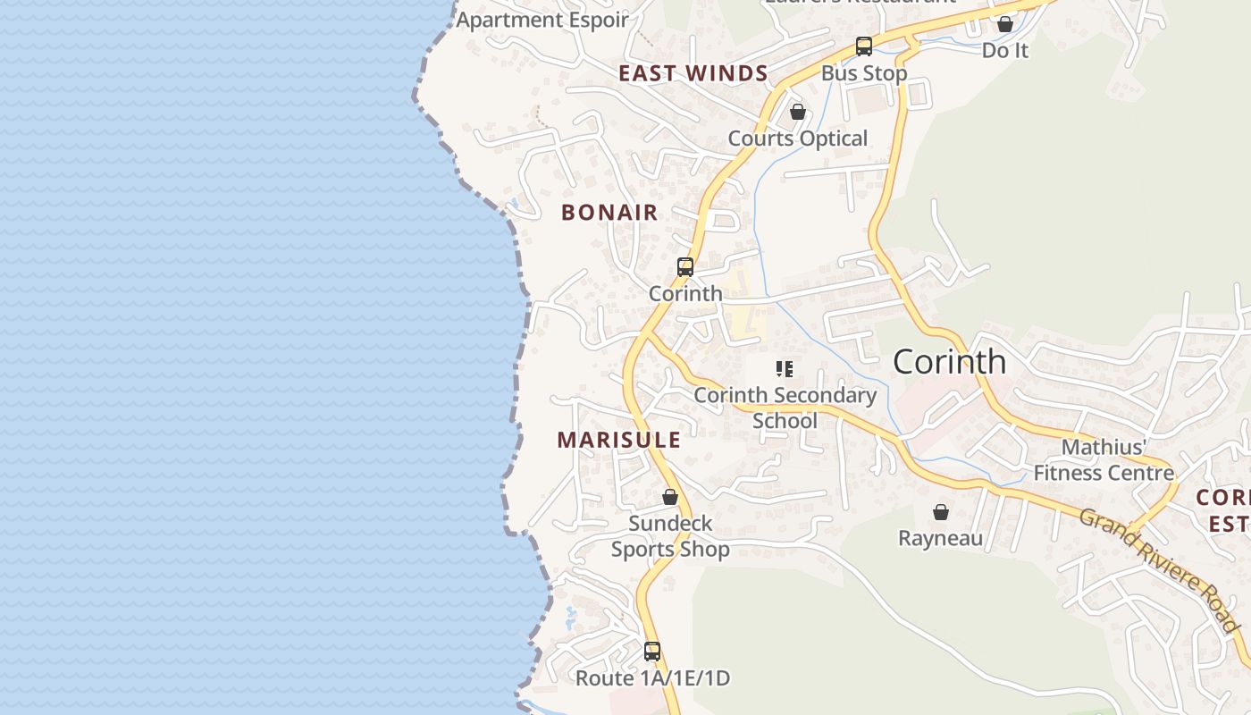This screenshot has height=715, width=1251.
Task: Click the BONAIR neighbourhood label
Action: click(609, 213)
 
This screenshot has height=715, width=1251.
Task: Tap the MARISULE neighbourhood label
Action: click(618, 440)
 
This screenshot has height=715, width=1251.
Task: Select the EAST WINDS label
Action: click(693, 73)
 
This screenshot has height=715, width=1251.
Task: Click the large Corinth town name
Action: click(949, 362)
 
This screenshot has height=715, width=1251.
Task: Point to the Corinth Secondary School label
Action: click(785, 408)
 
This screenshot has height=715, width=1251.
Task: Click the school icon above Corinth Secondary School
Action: click(785, 368)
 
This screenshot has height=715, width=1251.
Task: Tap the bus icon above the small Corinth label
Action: click(685, 266)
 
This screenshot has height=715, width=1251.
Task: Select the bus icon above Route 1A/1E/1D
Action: click(652, 651)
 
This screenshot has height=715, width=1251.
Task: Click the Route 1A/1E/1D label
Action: click(652, 678)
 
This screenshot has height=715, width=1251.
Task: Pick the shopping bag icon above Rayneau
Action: click(940, 512)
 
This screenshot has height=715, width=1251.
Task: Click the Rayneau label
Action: click(940, 538)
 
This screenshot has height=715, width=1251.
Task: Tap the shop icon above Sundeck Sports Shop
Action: click(670, 497)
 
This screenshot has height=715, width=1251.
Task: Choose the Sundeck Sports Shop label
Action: click(670, 536)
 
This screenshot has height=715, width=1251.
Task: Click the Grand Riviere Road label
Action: click(1159, 569)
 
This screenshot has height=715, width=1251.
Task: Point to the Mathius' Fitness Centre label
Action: click(1104, 459)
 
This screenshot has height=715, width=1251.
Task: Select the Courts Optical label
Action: click(798, 139)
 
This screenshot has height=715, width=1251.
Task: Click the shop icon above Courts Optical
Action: click(798, 113)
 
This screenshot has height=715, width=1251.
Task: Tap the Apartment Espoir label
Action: click(542, 20)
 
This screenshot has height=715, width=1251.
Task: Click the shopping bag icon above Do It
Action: click(1005, 24)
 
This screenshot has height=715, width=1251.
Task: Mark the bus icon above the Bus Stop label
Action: click(863, 46)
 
